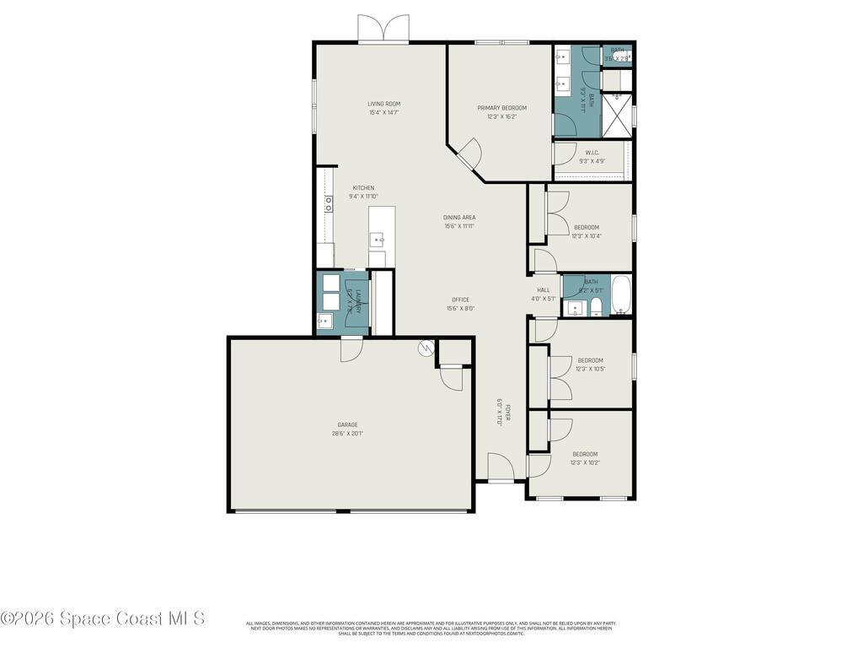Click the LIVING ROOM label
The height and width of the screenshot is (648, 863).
(x=383, y=104)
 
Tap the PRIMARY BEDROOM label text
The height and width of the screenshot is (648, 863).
(x=501, y=108)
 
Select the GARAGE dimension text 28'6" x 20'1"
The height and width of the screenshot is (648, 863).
(x=347, y=434)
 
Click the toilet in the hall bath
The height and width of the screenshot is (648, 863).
(x=596, y=305)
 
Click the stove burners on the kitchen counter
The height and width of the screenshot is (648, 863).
(x=328, y=203)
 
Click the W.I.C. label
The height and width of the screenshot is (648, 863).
(x=592, y=153)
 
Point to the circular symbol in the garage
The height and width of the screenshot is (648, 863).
(x=426, y=348)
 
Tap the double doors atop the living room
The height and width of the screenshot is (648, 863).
(x=383, y=29)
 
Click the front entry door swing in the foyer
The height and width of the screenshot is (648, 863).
(x=500, y=467)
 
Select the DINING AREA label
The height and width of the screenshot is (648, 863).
(x=459, y=218)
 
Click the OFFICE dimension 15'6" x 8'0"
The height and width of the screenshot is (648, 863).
(x=460, y=309)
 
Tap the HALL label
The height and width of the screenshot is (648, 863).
(x=544, y=290)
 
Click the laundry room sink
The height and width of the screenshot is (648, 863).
(x=324, y=321)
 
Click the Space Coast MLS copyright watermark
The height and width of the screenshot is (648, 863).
(x=102, y=618)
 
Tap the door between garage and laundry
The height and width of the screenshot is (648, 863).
(x=351, y=348)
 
